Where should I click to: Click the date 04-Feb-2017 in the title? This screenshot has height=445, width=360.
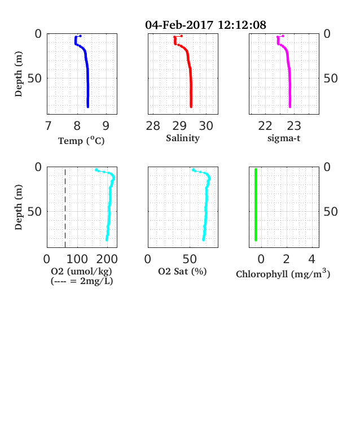point(179,25)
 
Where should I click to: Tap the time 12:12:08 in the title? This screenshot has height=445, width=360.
point(242,25)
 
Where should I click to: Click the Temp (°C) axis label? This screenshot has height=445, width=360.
point(81,141)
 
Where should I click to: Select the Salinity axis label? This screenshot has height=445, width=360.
point(183,138)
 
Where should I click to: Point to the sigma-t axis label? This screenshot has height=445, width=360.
point(284,138)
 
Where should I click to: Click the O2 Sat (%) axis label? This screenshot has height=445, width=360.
point(182,271)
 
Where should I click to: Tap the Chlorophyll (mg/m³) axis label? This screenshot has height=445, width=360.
point(283,273)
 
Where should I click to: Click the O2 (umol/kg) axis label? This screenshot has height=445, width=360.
point(82,271)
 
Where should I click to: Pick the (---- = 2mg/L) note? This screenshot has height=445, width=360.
point(82,281)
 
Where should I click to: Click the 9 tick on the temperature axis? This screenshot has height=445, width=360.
point(106,126)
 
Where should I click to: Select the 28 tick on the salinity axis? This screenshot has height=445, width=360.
point(153,126)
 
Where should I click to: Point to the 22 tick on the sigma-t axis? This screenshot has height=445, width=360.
point(265,126)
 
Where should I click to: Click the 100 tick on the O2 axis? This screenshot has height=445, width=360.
point(77,259)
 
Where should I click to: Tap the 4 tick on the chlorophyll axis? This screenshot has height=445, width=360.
point(311,259)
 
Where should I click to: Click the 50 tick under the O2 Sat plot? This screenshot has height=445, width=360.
point(190,259)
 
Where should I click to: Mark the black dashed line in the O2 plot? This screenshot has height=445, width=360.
point(65,208)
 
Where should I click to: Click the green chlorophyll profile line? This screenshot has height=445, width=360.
point(256,204)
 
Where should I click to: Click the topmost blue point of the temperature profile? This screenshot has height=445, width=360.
point(81,36)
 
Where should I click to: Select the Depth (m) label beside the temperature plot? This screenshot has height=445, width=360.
point(19,74)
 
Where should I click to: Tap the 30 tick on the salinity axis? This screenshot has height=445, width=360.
point(206,126)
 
